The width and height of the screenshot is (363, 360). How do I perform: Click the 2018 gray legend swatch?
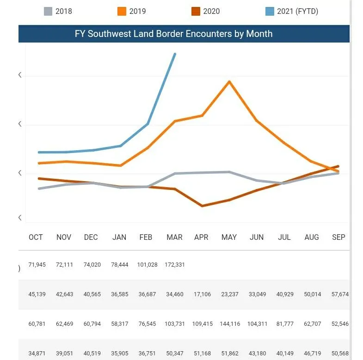(x=48, y=11)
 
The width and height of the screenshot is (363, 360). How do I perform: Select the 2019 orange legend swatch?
(x=122, y=11)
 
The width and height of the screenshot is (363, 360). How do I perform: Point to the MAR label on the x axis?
(x=174, y=237)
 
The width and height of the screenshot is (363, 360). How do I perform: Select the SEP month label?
(x=338, y=237)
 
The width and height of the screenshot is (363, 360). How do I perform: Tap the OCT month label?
(x=36, y=237)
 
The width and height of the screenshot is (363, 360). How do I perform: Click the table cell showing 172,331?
(x=174, y=265)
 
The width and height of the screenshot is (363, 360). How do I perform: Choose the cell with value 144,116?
(x=229, y=324)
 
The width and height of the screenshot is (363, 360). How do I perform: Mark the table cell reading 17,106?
(x=201, y=294)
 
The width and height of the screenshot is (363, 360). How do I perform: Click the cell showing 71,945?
(x=37, y=265)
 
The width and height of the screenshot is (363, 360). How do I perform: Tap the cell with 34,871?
(x=37, y=354)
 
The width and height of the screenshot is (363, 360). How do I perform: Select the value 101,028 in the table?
(x=147, y=265)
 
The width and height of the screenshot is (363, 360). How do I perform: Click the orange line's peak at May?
(x=229, y=82)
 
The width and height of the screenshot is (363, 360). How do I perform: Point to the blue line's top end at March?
(x=174, y=54)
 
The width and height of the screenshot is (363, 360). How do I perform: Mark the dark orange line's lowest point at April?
(x=202, y=206)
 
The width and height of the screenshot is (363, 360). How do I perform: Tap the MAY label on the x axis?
(x=229, y=237)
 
